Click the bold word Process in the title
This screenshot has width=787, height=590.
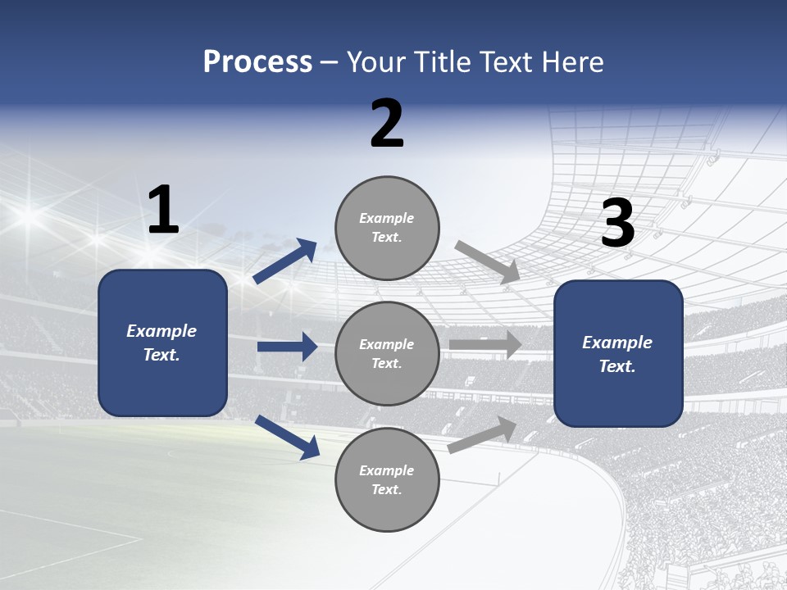click(x=257, y=62)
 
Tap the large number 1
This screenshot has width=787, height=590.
click(x=163, y=211)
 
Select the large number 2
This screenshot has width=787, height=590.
click(x=387, y=124)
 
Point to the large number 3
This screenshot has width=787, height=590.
click(x=617, y=224)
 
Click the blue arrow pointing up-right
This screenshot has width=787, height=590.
click(x=285, y=261)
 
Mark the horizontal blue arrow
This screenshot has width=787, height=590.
click(x=287, y=347)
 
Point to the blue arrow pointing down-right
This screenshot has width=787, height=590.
click(x=287, y=436)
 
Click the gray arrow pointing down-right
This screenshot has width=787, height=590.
click(x=488, y=262)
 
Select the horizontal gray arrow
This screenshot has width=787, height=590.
click(x=485, y=345)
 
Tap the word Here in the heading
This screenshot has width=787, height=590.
click(x=572, y=62)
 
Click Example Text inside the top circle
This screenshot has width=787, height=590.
click(x=387, y=228)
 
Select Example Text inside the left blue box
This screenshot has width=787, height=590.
click(x=162, y=343)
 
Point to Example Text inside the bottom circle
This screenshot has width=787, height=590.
click(x=387, y=480)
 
